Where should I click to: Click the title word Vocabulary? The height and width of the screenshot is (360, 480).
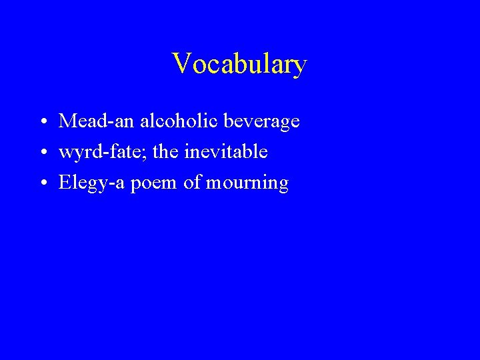tap(239, 65)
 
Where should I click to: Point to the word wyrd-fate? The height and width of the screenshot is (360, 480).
tap(102, 153)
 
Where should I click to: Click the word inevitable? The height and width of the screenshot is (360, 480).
tap(226, 152)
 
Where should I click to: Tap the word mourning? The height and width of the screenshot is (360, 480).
tap(247, 183)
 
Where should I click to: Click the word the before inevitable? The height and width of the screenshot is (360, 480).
tap(165, 152)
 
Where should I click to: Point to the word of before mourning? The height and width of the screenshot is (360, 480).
tap(191, 183)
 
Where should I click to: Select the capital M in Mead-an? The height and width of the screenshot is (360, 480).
tap(67, 121)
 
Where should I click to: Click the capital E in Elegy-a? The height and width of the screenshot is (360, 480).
tap(65, 183)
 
